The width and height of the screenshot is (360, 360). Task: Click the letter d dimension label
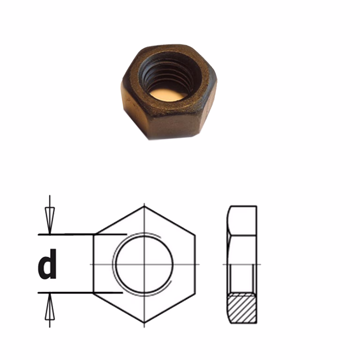click(x=47, y=264)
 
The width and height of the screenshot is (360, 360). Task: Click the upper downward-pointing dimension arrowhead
click(x=50, y=220)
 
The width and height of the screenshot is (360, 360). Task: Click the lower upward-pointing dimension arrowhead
click(x=50, y=307)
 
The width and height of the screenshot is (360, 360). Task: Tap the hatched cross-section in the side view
click(x=242, y=308)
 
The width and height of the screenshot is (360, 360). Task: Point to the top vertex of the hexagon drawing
click(x=144, y=206)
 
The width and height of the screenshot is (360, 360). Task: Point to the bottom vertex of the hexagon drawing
click(x=144, y=323)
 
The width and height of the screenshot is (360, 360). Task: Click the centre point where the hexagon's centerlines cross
click(x=144, y=264)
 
